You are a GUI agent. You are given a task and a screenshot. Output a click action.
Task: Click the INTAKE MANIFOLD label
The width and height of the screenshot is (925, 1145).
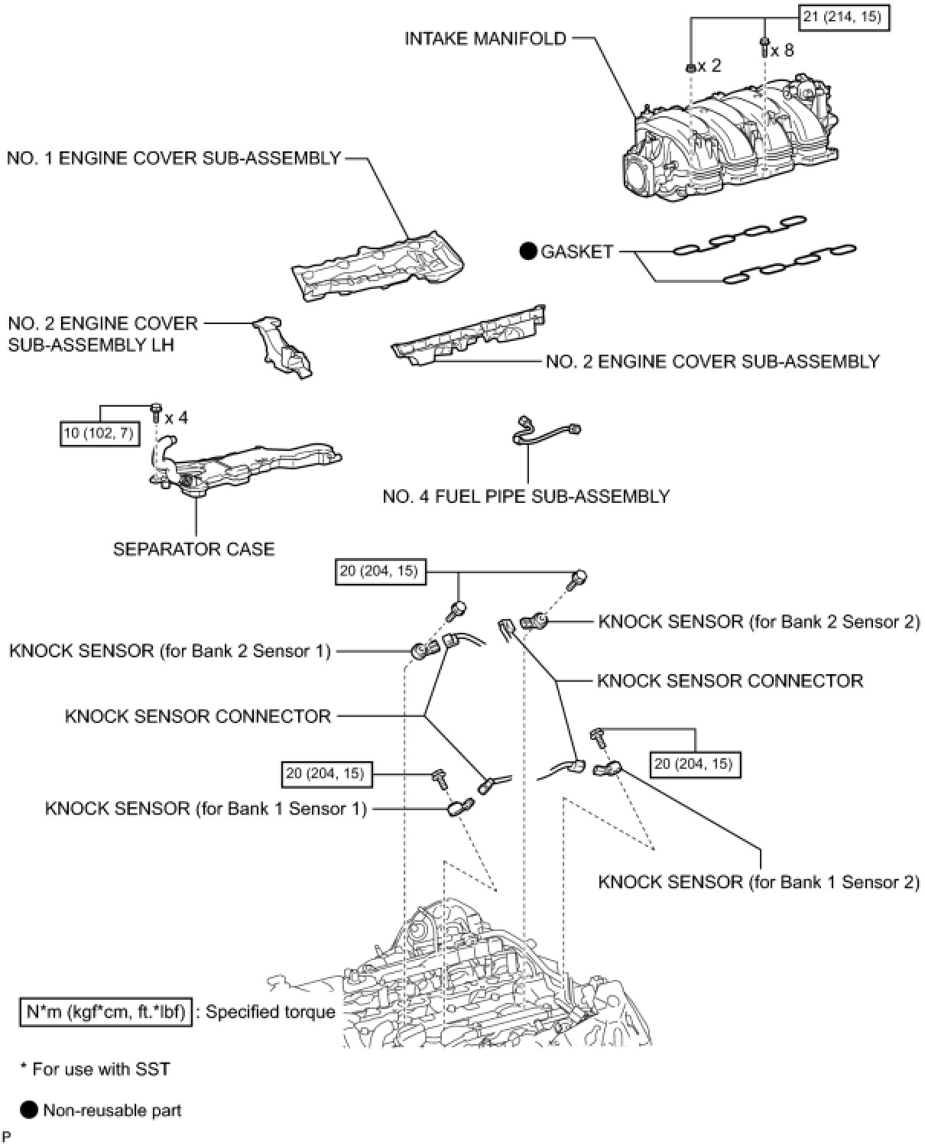(x=485, y=38)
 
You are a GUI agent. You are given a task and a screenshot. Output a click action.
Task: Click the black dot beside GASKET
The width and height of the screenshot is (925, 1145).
(x=527, y=251)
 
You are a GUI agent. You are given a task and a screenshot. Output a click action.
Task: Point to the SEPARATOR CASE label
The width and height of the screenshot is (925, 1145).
(x=193, y=549)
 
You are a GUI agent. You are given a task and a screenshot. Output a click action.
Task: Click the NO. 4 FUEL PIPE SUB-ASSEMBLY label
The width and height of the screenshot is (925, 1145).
(x=526, y=497)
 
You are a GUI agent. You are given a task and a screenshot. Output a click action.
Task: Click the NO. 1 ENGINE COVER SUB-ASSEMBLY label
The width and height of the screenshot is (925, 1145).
(x=174, y=158)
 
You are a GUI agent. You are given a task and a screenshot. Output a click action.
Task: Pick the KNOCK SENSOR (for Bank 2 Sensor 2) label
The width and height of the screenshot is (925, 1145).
(x=758, y=621)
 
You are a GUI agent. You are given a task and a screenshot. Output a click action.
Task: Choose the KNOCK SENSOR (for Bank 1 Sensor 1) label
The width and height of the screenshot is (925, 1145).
(x=206, y=808)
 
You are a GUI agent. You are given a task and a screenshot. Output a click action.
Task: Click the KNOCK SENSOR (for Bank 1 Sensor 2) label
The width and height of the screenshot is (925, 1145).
(x=758, y=881)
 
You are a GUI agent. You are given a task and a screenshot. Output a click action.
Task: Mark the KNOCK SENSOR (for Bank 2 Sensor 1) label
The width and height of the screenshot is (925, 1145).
(x=170, y=650)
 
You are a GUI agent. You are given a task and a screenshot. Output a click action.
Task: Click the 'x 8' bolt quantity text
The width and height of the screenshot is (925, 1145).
(x=782, y=51)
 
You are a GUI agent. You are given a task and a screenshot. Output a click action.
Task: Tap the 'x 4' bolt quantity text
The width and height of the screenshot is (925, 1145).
(x=175, y=417)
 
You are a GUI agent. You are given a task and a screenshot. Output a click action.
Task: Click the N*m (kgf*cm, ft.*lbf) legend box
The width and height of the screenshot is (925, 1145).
(x=105, y=1012)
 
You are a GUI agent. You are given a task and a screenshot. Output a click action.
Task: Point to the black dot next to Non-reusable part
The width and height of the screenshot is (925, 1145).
(x=29, y=1110)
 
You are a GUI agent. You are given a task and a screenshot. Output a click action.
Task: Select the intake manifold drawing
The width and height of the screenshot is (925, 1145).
(x=734, y=141)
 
